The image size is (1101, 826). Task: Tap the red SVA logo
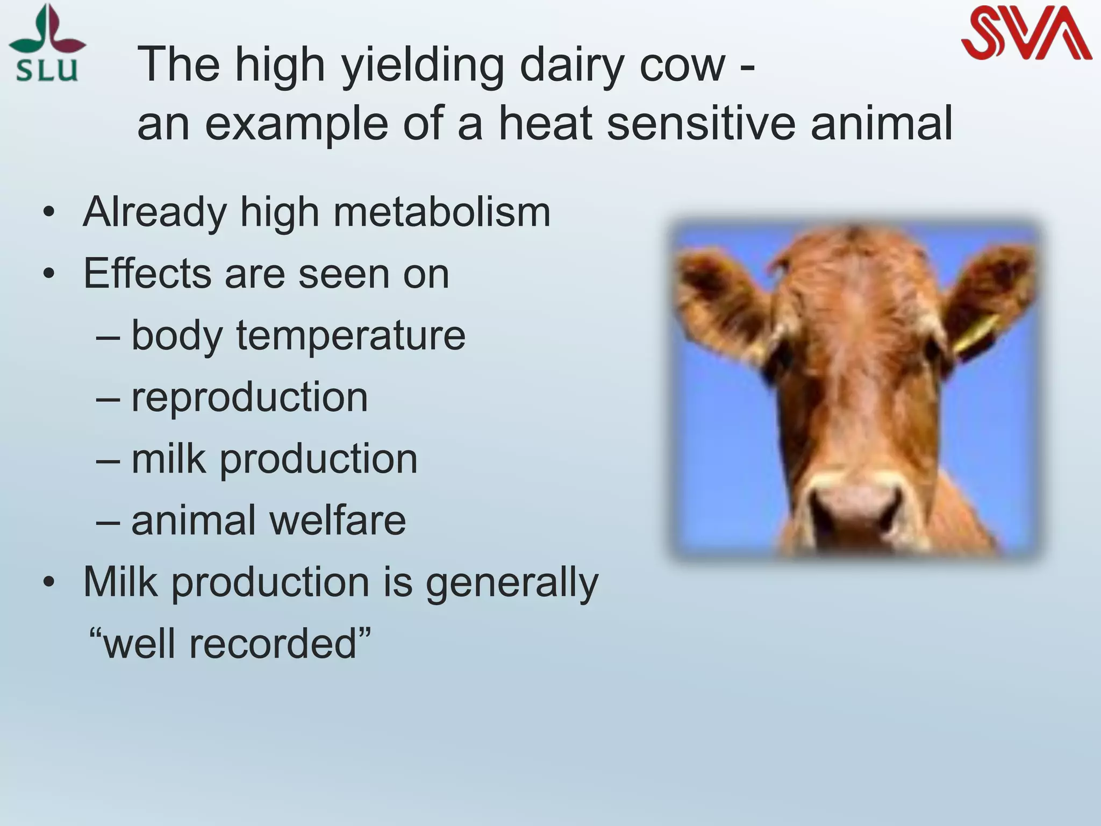1026,33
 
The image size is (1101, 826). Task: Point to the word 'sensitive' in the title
701,124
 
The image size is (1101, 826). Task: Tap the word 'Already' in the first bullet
155,213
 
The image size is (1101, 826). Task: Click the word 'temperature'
351,337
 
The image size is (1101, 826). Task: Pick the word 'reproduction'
249,397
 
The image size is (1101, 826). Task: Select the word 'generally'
512,583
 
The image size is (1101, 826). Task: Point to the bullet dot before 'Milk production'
49,582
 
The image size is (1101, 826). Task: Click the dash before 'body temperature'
108,337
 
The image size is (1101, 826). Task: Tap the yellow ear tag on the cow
976,331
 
